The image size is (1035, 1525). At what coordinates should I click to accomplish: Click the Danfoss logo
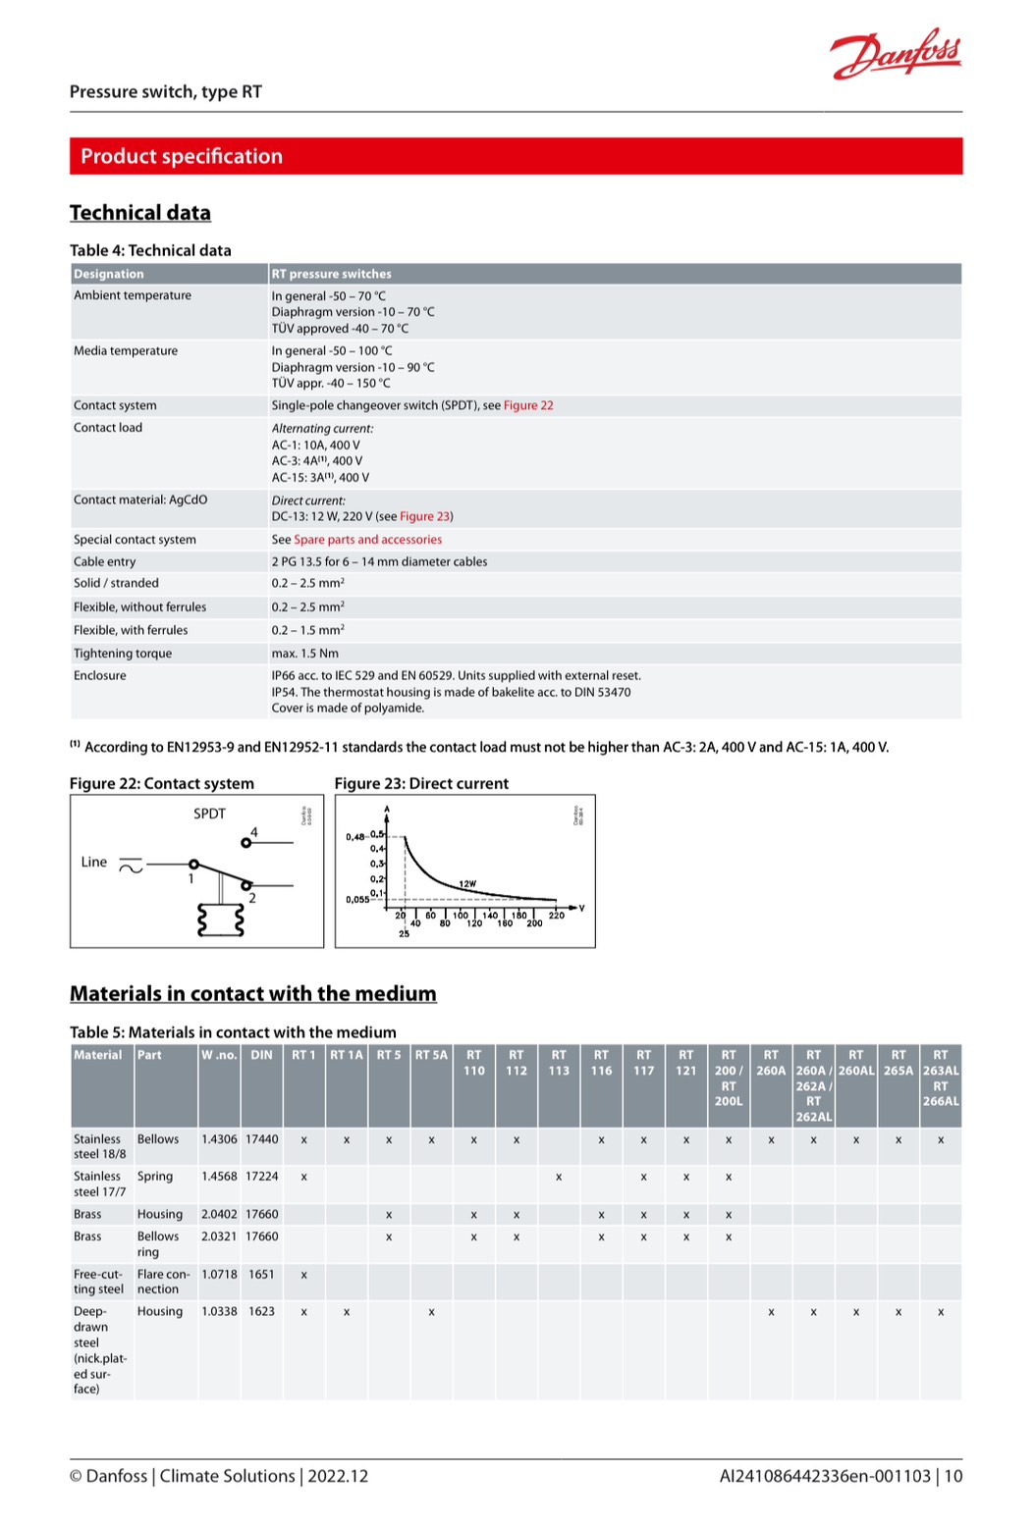click(895, 54)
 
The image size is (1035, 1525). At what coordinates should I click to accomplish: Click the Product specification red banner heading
click(182, 156)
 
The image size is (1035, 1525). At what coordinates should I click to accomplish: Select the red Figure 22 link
click(528, 405)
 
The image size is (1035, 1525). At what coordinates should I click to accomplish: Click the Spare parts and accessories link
click(367, 540)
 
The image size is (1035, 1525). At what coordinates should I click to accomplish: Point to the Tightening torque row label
click(123, 654)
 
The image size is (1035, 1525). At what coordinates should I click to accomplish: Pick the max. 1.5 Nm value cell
click(305, 654)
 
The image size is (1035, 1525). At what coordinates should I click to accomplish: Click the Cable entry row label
click(105, 561)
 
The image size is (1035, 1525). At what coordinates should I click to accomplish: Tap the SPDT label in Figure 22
click(209, 814)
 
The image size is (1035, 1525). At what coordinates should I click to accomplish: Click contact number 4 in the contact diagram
click(254, 832)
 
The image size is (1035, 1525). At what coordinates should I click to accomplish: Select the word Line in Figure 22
click(94, 862)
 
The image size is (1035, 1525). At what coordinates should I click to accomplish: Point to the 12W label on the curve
click(467, 884)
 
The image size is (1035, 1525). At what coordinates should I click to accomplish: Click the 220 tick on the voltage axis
click(557, 915)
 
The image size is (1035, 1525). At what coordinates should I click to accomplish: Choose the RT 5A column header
click(431, 1055)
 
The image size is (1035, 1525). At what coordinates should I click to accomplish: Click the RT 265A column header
click(899, 1063)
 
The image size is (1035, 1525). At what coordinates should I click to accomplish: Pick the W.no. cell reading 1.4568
click(219, 1176)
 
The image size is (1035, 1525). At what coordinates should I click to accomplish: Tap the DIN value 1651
click(261, 1274)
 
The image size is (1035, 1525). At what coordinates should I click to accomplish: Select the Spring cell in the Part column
click(155, 1176)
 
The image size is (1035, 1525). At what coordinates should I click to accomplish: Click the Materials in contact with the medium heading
click(253, 993)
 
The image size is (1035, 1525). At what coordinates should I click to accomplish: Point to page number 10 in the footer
click(953, 1476)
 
